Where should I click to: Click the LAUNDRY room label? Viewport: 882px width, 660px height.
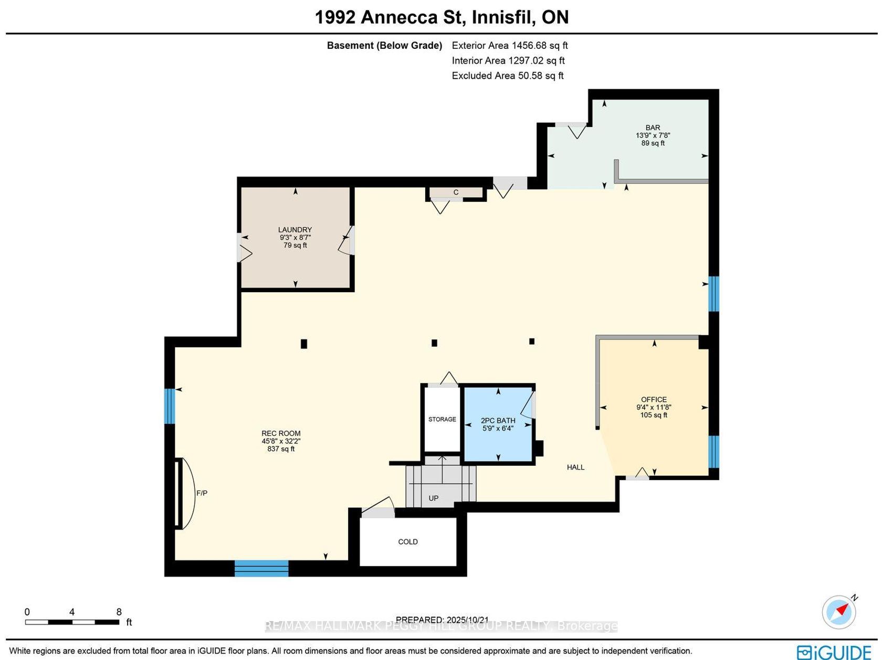coord(295,230)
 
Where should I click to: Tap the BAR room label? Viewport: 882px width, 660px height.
coord(653,127)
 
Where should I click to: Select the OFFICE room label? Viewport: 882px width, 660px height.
coord(654,399)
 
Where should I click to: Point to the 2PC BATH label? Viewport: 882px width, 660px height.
coord(498,421)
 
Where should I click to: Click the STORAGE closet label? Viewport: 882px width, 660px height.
coord(442,419)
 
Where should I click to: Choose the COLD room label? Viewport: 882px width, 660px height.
coord(408,541)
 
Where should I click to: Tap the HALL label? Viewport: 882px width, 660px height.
coord(575,467)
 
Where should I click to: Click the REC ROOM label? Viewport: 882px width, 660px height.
coord(281,433)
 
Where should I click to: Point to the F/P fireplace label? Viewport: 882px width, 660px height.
coord(202,493)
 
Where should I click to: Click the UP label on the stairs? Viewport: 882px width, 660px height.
coord(433,498)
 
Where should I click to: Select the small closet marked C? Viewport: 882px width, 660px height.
coord(456,193)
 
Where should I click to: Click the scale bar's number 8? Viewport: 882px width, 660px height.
coord(119,612)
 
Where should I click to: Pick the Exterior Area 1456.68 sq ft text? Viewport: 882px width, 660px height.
coord(509,45)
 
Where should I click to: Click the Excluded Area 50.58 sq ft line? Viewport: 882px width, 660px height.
coord(508,76)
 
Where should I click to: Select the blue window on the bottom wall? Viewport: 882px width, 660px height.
coord(261,569)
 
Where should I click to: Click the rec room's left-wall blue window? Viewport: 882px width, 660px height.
coord(170,406)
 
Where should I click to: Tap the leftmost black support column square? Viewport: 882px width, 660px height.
coord(304,344)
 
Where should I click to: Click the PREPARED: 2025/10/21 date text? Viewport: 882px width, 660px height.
coord(442,620)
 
